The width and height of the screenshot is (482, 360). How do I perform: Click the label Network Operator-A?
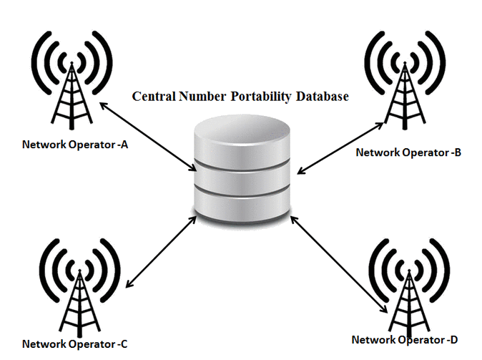pyautogui.click(x=75, y=144)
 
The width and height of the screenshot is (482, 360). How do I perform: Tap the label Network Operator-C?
pyautogui.click(x=75, y=344)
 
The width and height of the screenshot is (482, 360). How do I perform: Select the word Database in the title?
pyautogui.click(x=325, y=96)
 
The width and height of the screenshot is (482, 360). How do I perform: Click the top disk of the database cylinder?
pyautogui.click(x=243, y=140)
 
